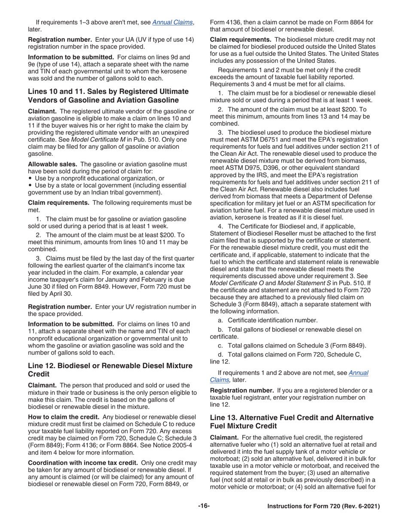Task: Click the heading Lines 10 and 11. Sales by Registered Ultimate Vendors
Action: pyautogui.click(x=108, y=95)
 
